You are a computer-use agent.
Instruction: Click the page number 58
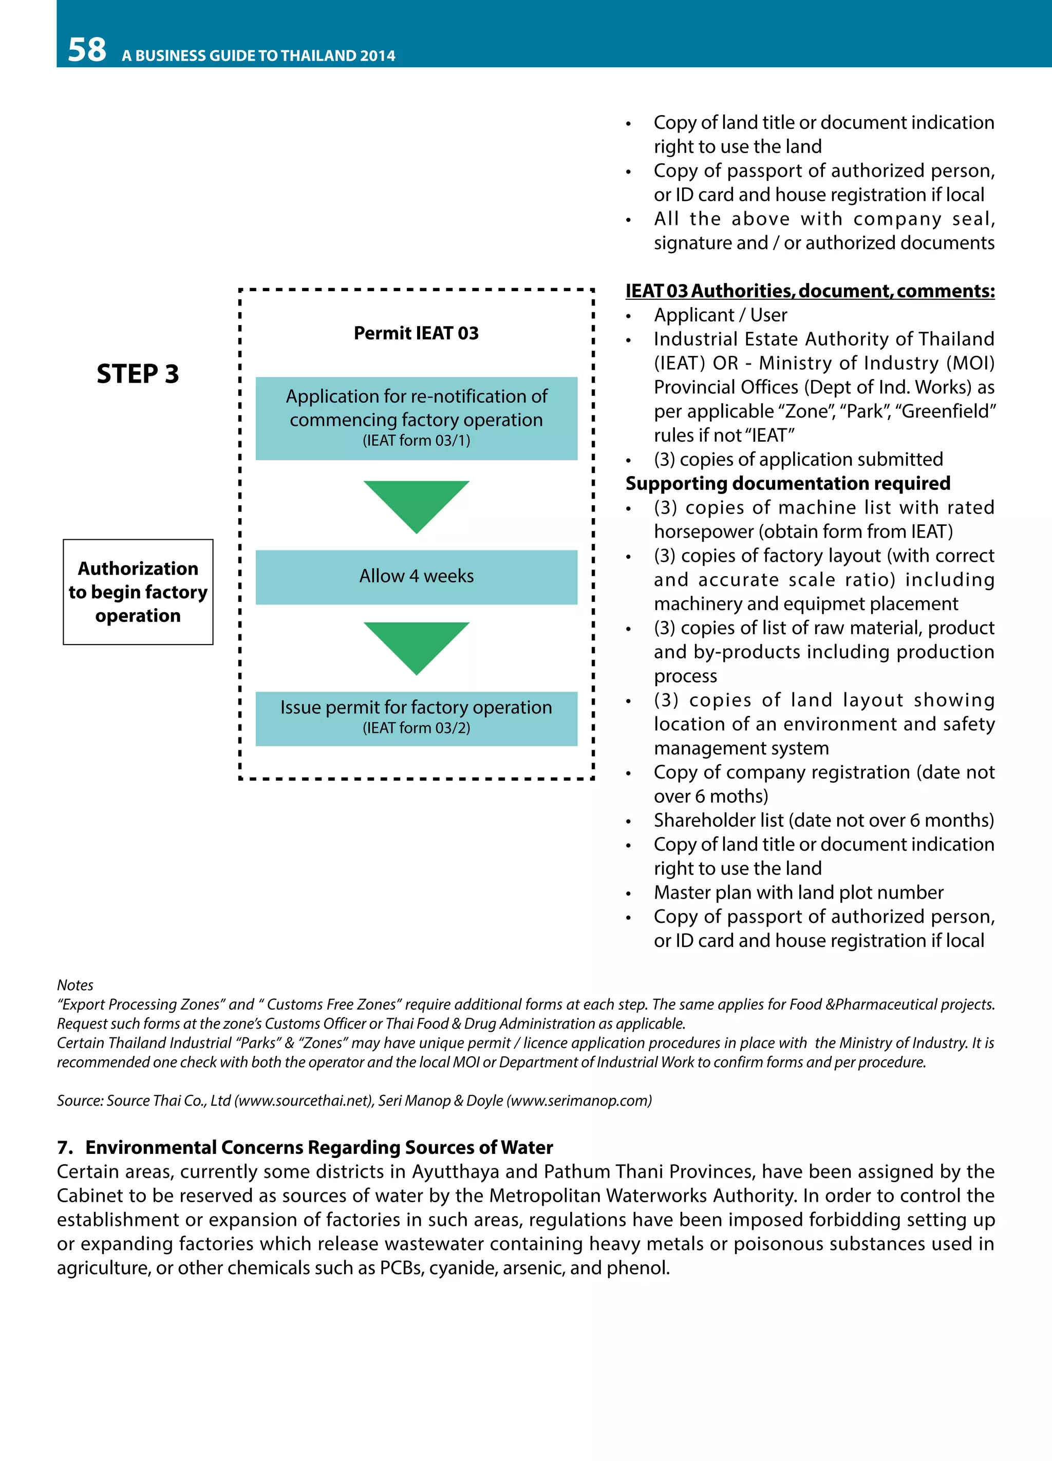(x=87, y=50)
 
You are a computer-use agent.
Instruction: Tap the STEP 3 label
(x=138, y=374)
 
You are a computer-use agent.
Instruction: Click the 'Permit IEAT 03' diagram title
(x=416, y=333)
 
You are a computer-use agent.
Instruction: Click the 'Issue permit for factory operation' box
(x=416, y=718)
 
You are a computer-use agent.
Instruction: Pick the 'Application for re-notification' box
(x=416, y=418)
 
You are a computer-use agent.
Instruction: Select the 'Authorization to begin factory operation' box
(x=138, y=592)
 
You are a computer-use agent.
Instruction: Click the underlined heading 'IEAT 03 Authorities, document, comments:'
(x=810, y=291)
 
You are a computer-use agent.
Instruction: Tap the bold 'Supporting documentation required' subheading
(x=787, y=483)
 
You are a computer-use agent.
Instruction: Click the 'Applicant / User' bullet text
(x=720, y=315)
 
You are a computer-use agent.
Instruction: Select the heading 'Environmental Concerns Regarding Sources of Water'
(x=319, y=1147)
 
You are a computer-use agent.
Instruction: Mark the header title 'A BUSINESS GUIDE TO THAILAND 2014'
(x=258, y=55)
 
